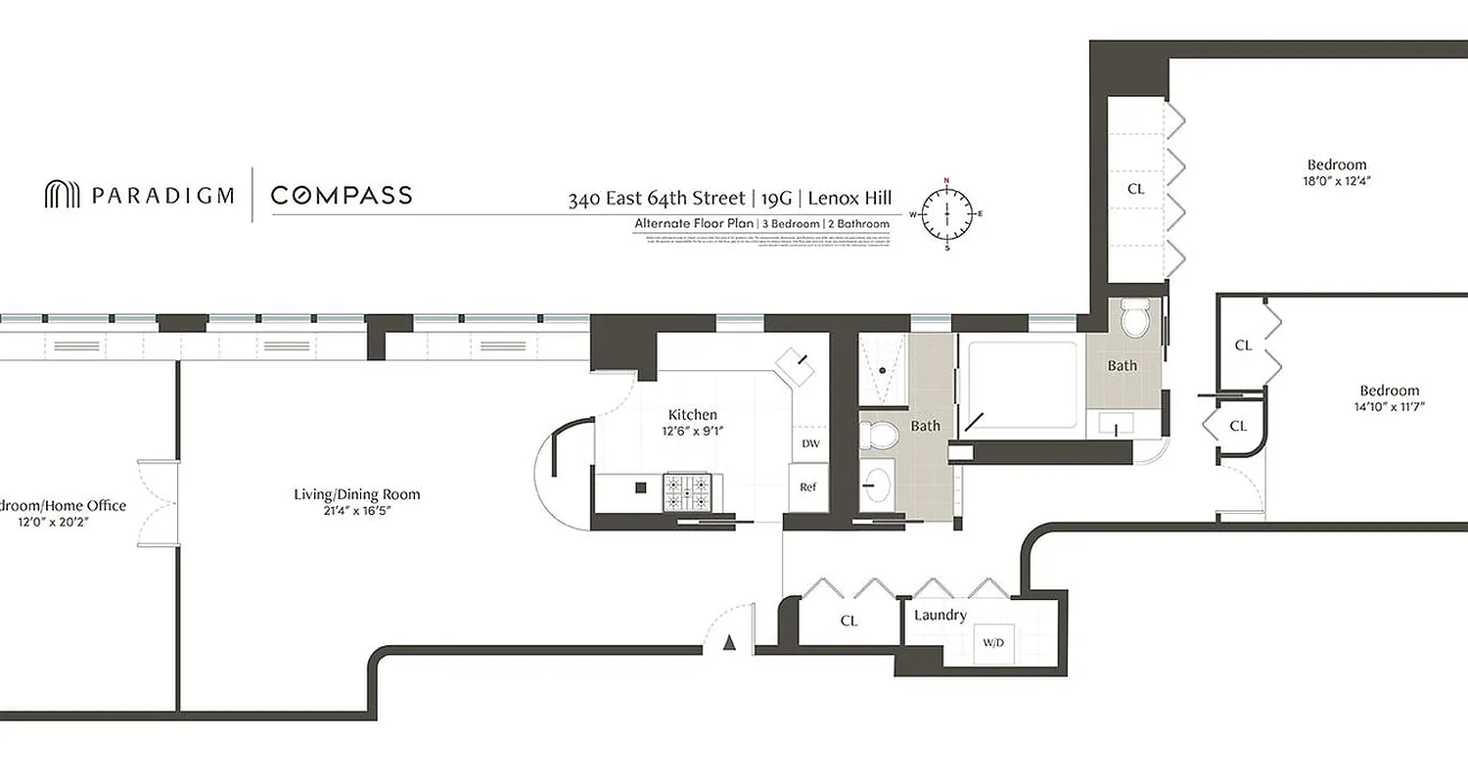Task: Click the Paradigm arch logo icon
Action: [x=62, y=195]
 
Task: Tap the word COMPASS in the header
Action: [x=342, y=195]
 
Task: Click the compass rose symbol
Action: [x=946, y=213]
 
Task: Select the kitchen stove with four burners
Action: [x=687, y=492]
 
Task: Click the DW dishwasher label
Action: [x=810, y=443]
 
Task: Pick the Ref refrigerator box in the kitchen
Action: [x=808, y=486]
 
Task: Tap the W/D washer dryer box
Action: [x=993, y=644]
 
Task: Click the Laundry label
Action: [x=940, y=615]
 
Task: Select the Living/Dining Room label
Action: [x=357, y=494]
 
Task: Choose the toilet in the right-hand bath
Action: [x=1135, y=318]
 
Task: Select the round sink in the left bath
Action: [x=879, y=484]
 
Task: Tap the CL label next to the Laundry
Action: [x=849, y=621]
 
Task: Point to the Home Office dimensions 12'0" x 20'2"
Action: [x=59, y=522]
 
